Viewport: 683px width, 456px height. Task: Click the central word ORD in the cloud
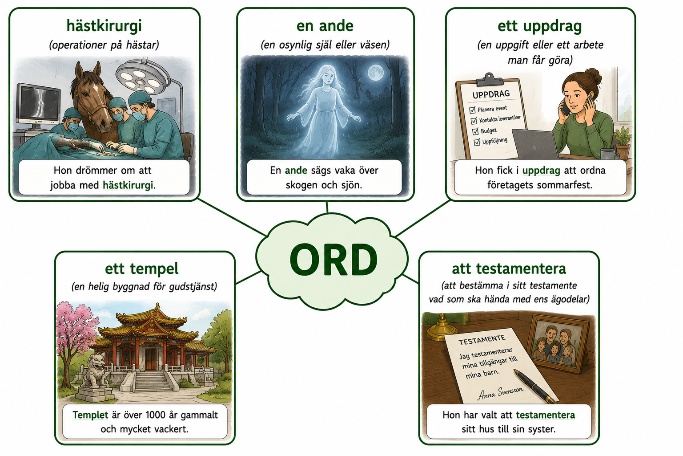pyautogui.click(x=333, y=260)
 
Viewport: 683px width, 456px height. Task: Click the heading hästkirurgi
pyautogui.click(x=104, y=26)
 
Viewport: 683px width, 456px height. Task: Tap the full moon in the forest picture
pyautogui.click(x=375, y=73)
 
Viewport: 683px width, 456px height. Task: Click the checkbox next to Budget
pyautogui.click(x=475, y=132)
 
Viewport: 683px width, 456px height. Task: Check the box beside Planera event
pyautogui.click(x=472, y=110)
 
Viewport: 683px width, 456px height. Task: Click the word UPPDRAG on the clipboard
pyautogui.click(x=491, y=94)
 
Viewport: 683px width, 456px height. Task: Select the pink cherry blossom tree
pyautogui.click(x=75, y=333)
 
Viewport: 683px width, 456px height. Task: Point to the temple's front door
pyautogui.click(x=151, y=359)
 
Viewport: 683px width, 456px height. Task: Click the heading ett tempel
pyautogui.click(x=142, y=269)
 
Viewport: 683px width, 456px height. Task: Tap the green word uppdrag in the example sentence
pyautogui.click(x=541, y=171)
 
